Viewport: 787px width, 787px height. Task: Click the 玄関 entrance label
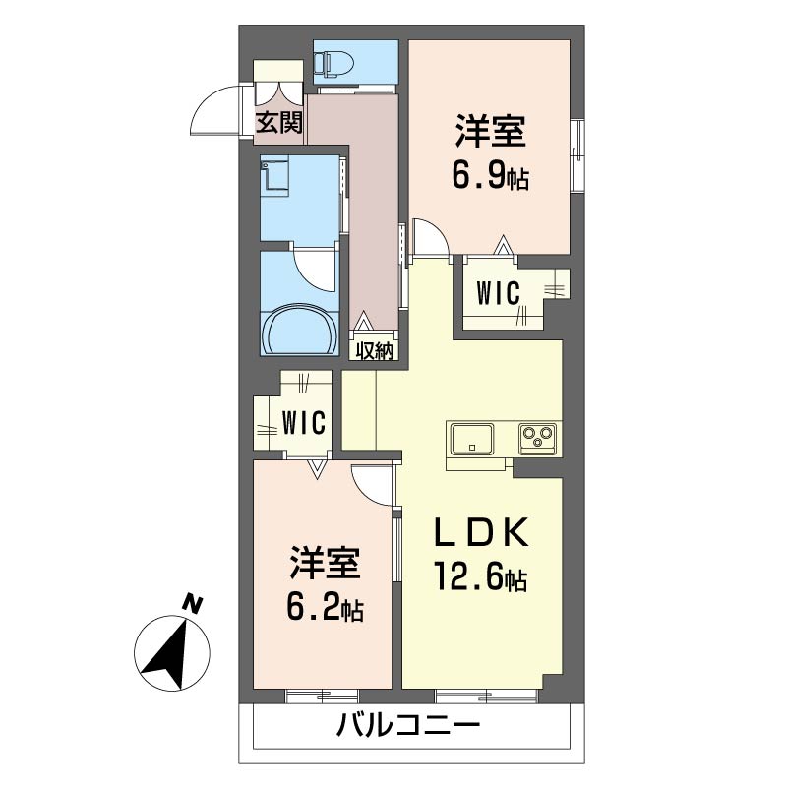[x=279, y=122]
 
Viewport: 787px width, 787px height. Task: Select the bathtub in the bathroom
[x=300, y=330]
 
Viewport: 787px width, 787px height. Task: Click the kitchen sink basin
[x=472, y=439]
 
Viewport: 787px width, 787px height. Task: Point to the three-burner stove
[x=537, y=439]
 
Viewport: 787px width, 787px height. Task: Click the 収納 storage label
[x=374, y=352]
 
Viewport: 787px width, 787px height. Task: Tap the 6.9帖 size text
[x=490, y=178]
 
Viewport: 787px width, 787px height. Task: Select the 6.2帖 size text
[x=325, y=608]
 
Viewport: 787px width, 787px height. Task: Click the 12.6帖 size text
[x=480, y=576]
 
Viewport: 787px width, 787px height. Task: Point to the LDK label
[x=480, y=533]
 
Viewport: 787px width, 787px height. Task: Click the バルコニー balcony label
[x=407, y=725]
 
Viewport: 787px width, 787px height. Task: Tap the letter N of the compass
[x=192, y=603]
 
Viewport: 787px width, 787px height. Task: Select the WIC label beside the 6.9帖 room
[x=498, y=293]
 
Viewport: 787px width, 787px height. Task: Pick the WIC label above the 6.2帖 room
[x=304, y=423]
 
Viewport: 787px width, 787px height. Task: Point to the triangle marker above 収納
[x=363, y=322]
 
